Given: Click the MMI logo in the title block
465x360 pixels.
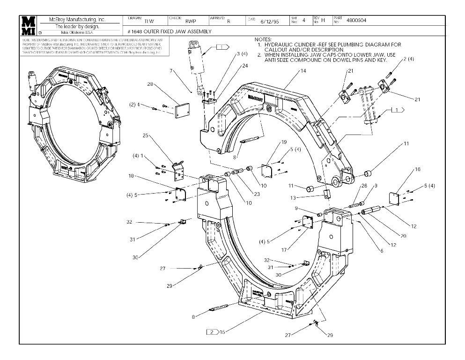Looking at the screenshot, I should click(29, 26).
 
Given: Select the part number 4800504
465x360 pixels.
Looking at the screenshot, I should click(356, 21).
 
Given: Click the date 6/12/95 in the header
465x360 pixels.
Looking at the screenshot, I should click(269, 22).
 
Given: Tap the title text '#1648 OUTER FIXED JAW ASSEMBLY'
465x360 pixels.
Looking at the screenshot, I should click(170, 31).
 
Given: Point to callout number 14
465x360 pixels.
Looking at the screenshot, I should click(303, 71).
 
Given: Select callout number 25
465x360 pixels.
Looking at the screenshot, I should click(145, 135).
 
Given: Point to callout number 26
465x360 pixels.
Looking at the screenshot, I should click(364, 186).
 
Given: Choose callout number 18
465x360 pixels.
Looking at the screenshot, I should click(132, 176).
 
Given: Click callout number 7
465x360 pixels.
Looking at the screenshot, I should click(172, 71).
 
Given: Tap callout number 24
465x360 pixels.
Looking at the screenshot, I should click(245, 66).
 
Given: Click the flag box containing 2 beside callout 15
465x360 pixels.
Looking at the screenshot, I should click(212, 332).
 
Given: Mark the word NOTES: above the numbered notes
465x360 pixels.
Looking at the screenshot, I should click(263, 39).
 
